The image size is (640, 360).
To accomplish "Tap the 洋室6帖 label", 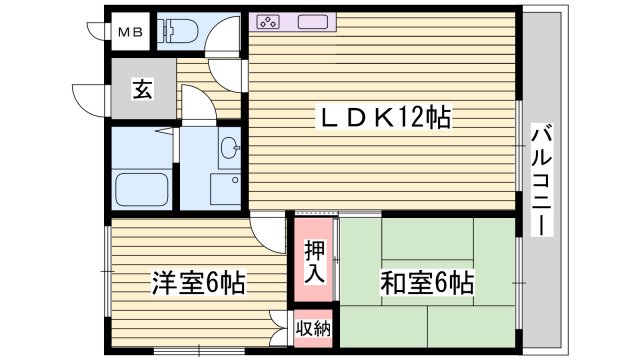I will (198, 282).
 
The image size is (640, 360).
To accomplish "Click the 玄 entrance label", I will (141, 88).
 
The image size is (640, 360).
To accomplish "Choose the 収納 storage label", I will (315, 327).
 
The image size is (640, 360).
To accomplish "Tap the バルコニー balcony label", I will (540, 180).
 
